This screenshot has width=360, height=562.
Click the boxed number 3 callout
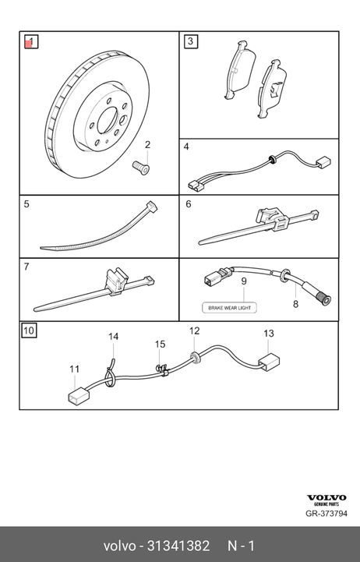click(x=190, y=41)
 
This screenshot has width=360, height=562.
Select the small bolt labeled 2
click(x=141, y=168)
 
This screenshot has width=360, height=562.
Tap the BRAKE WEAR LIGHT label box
click(x=229, y=308)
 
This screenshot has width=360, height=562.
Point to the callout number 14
click(x=113, y=337)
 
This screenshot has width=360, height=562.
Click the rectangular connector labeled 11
click(x=79, y=397)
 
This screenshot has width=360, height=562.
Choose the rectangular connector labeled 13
click(x=269, y=361)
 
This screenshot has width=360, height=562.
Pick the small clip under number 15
click(x=161, y=369)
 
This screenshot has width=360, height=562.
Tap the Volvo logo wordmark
click(x=326, y=497)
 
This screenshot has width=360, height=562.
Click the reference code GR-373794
click(x=326, y=513)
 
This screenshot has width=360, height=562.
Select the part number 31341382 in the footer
click(x=178, y=546)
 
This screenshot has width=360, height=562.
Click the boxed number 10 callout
click(x=29, y=330)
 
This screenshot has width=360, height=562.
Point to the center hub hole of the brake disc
click(x=108, y=119)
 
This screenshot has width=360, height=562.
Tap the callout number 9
click(x=244, y=281)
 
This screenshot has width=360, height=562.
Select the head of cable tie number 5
click(x=152, y=207)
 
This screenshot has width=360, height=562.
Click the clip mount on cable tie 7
click(x=116, y=282)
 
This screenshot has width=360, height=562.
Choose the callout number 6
click(x=189, y=204)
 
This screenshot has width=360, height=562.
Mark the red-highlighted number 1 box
click(x=31, y=41)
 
